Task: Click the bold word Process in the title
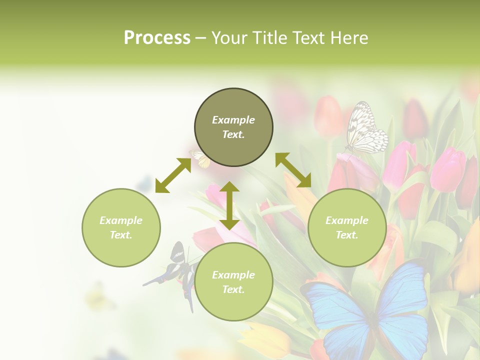coord(157,38)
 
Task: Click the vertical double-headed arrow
coord(229,205)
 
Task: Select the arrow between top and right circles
coord(293,170)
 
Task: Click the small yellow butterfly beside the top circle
coord(200,159)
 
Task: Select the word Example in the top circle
coord(233,120)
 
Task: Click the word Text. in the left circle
coord(121,235)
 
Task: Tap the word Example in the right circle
coord(347,220)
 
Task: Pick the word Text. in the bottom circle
coord(233,289)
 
